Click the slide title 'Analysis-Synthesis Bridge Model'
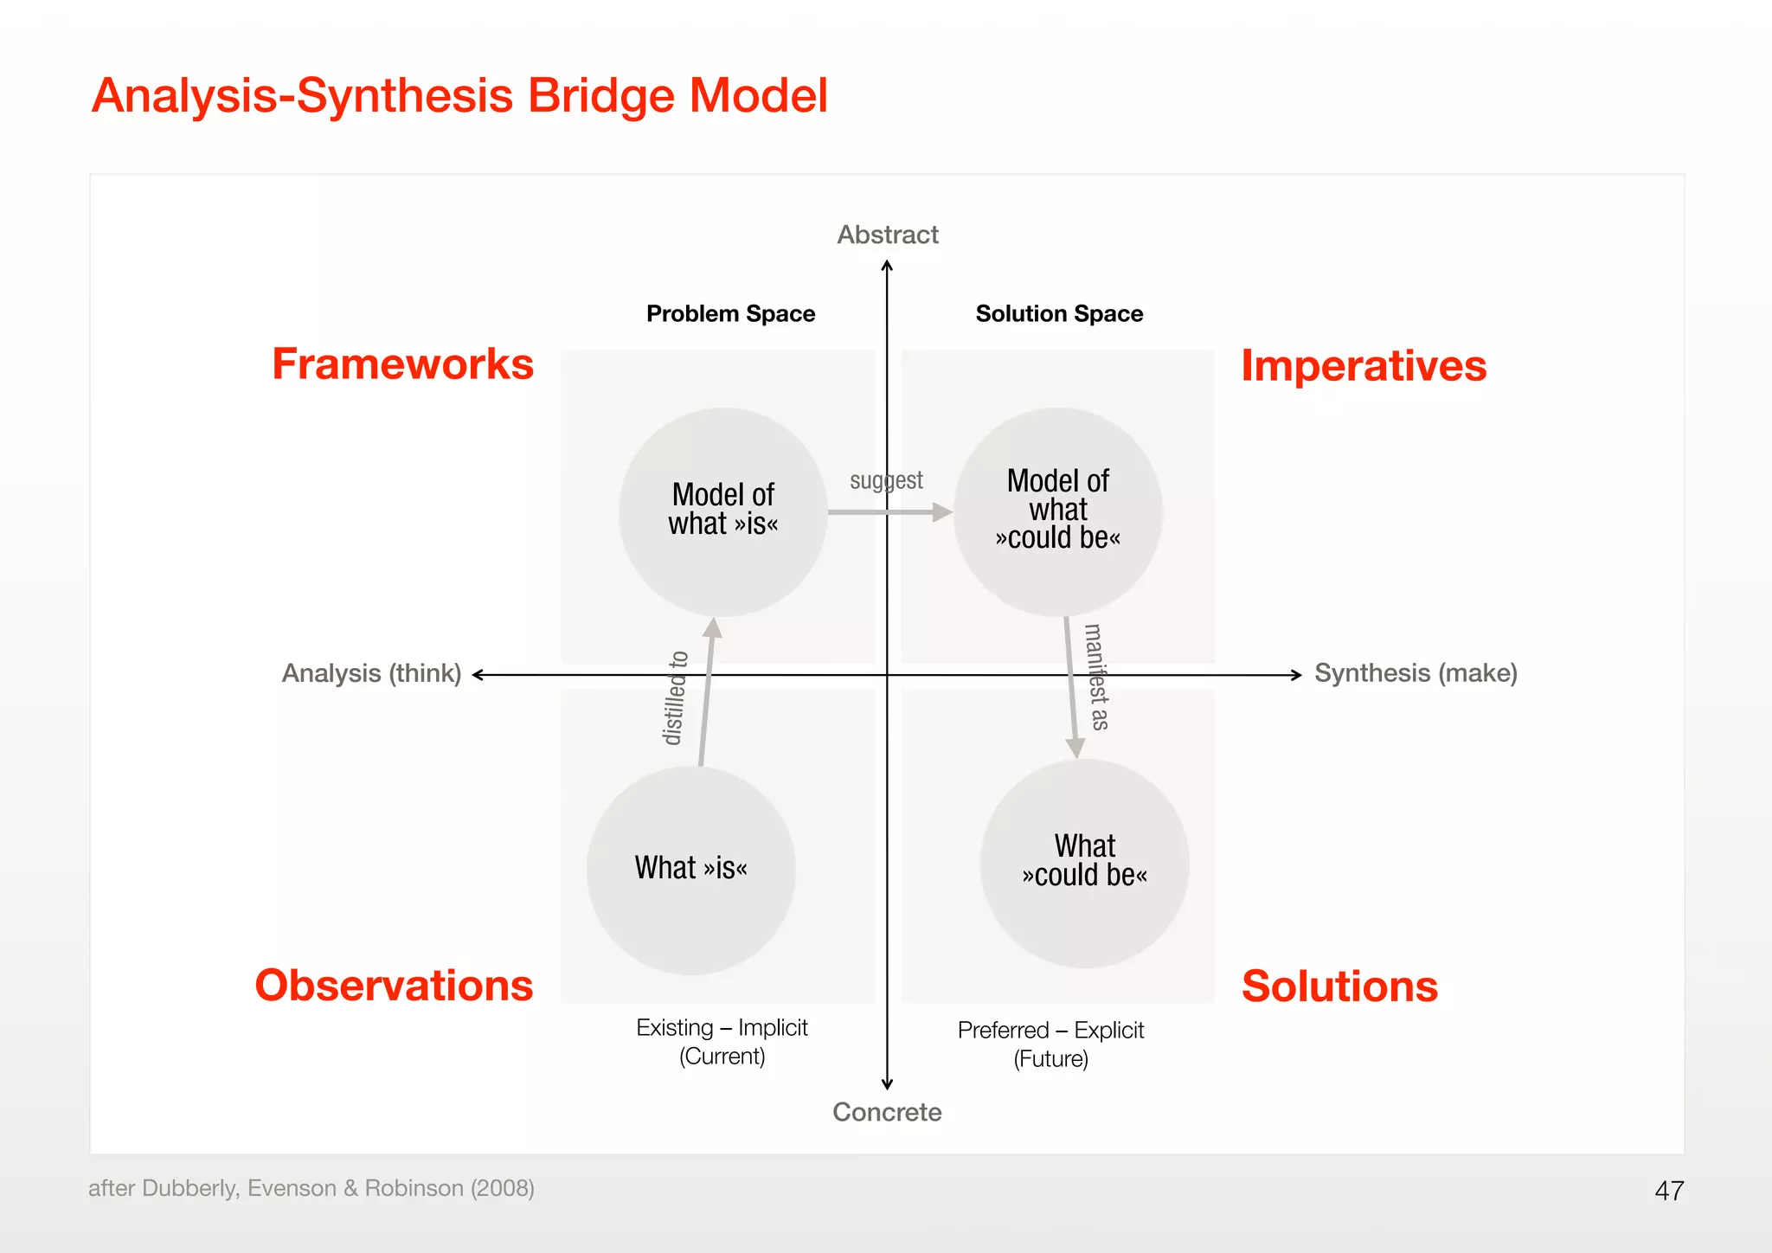tap(459, 95)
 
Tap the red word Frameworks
tap(402, 364)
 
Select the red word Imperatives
tap(1364, 366)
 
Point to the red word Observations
tap(394, 986)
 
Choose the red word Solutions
tap(1339, 986)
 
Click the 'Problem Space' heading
tap(730, 313)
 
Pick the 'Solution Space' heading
tap(1059, 313)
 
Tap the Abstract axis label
tap(887, 235)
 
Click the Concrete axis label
tap(887, 1112)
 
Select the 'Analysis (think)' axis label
tap(371, 673)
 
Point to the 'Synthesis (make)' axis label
tap(1416, 673)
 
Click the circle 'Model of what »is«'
tap(723, 511)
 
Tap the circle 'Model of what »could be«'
tap(1057, 511)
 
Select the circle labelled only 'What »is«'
tap(690, 870)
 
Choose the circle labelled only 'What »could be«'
tap(1084, 863)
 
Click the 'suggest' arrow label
tap(886, 481)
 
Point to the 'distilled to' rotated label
tap(675, 698)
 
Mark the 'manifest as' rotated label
tap(1096, 677)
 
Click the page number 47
tap(1669, 1191)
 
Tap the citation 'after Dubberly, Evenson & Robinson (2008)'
tap(311, 1188)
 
